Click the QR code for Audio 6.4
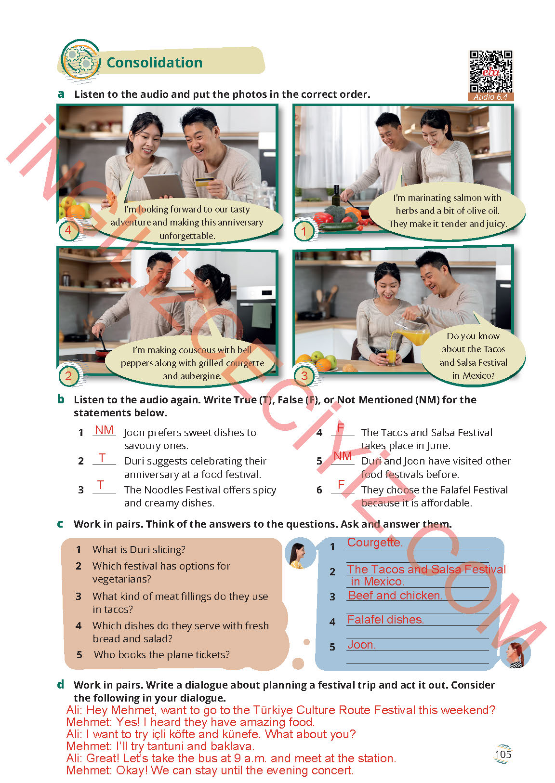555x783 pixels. point(491,72)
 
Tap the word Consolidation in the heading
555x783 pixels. point(155,63)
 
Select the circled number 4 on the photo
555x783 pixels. point(68,230)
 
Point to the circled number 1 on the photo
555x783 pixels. point(304,231)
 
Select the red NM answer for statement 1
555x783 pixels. point(104,430)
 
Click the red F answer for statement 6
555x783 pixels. point(341,484)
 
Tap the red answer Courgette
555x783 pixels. point(375,542)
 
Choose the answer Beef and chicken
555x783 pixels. point(395,595)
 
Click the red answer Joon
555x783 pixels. point(361,645)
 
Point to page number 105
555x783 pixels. point(503,754)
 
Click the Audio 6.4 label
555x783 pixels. point(490,97)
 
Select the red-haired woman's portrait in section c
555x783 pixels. point(515,653)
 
